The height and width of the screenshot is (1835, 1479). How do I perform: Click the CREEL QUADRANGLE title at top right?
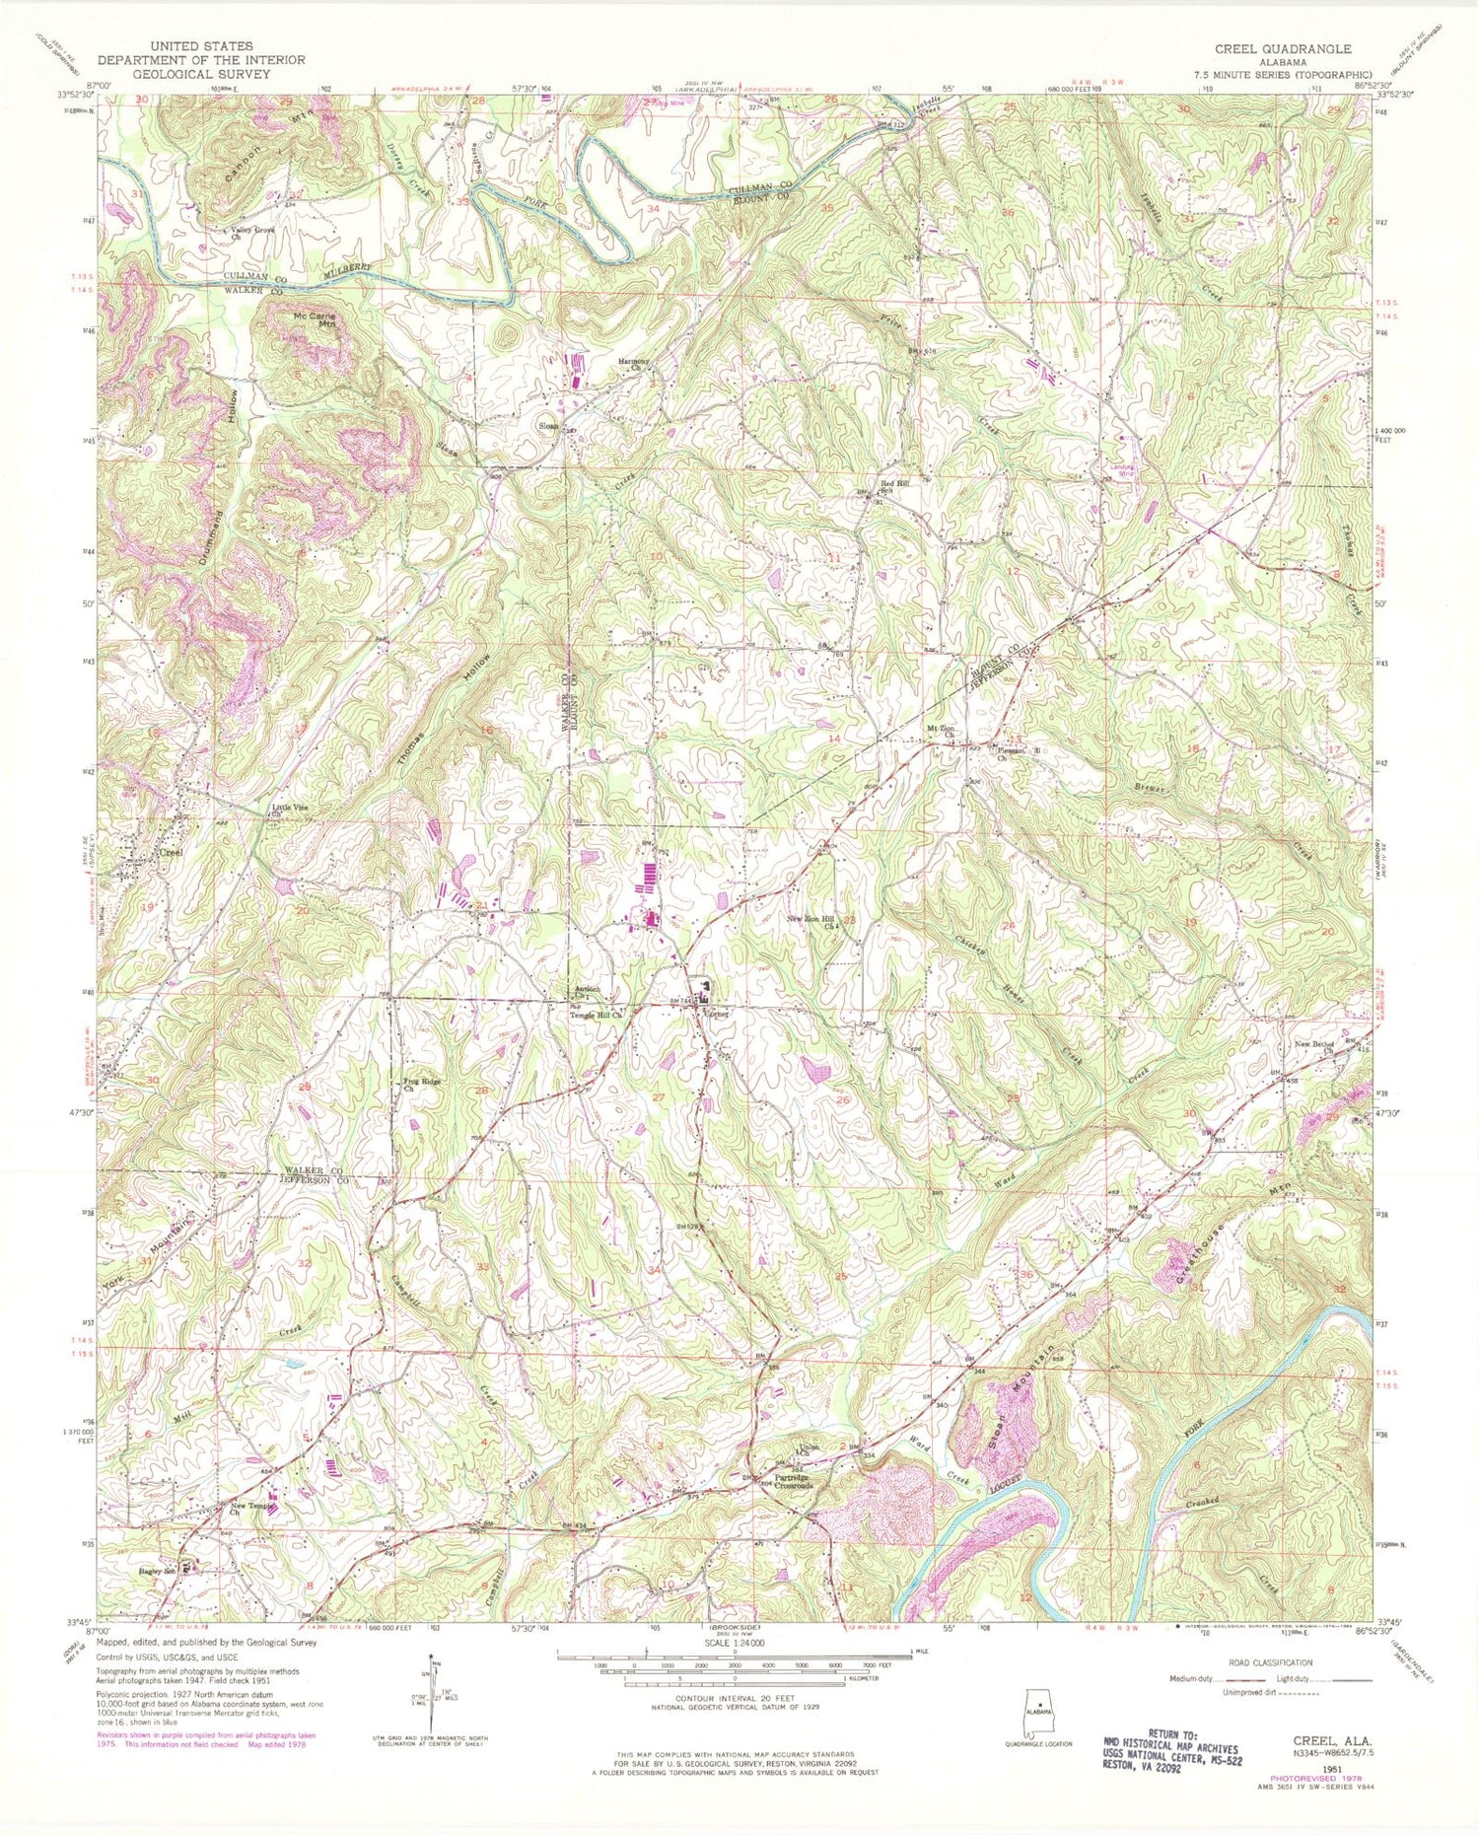1282,48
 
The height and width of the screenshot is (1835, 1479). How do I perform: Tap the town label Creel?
172,851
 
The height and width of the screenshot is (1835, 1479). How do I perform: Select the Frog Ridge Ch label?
421,1085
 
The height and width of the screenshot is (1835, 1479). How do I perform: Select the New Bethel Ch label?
1316,1047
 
